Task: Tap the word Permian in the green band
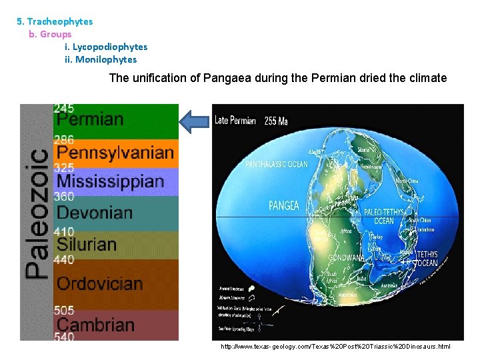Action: tap(90, 120)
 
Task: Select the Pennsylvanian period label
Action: tap(115, 153)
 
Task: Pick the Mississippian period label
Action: tap(110, 181)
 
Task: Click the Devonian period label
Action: tap(95, 213)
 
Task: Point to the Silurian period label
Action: tap(87, 244)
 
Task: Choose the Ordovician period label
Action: tap(99, 283)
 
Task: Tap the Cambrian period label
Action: tap(95, 325)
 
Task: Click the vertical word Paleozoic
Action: tap(37, 213)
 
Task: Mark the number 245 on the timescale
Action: tap(64, 108)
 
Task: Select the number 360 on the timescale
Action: tap(64, 197)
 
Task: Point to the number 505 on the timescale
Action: tap(64, 311)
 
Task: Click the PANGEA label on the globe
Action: tap(283, 206)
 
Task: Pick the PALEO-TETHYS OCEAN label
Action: tap(383, 217)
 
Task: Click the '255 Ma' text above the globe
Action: tap(276, 121)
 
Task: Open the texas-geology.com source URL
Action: tap(335, 347)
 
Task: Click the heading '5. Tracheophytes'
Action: tap(55, 21)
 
